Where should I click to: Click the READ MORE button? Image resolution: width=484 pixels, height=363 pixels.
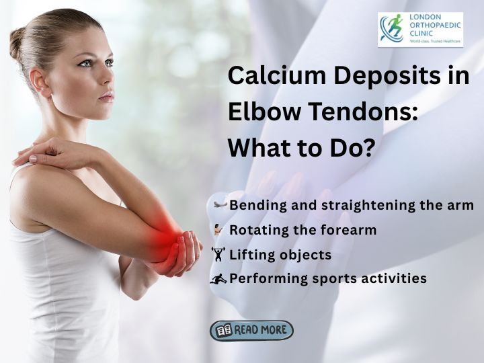(x=251, y=331)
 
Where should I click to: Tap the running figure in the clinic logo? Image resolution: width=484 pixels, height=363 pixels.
(x=394, y=26)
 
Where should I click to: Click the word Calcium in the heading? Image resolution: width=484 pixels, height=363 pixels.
(x=276, y=75)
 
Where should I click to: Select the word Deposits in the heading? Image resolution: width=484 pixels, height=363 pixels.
(x=387, y=76)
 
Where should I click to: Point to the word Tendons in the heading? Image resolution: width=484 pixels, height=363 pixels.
(x=360, y=111)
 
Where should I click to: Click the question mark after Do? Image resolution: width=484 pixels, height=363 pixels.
(x=365, y=147)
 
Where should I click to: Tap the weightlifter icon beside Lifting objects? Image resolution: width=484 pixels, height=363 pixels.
(x=218, y=254)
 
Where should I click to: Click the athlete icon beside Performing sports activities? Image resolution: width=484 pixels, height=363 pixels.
(x=219, y=278)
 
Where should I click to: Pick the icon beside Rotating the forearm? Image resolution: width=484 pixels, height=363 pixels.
(x=218, y=230)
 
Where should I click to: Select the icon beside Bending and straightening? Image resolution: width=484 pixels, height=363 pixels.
(x=220, y=204)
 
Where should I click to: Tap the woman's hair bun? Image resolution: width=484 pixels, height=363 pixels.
(x=17, y=43)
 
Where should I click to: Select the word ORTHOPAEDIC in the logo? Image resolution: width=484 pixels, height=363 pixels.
(x=435, y=26)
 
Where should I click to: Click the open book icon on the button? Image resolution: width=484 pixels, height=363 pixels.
(x=224, y=331)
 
